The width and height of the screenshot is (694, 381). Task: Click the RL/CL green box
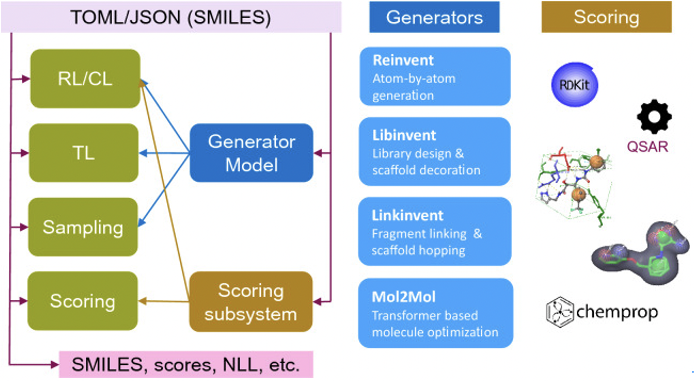(x=85, y=78)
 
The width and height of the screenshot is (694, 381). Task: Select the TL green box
(x=84, y=153)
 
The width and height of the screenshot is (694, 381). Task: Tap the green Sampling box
(x=83, y=227)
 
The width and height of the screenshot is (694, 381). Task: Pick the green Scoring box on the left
(x=83, y=301)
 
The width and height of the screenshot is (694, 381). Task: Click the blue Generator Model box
(x=252, y=153)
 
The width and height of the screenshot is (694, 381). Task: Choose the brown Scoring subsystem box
(x=251, y=302)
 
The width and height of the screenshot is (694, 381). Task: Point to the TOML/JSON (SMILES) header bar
(x=171, y=17)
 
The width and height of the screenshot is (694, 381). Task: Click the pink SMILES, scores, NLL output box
(x=186, y=364)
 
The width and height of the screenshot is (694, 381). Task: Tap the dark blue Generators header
(x=435, y=17)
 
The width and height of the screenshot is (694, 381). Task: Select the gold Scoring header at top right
(x=606, y=17)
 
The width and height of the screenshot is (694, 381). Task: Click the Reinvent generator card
(x=435, y=77)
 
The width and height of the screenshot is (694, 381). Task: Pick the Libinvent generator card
(x=435, y=151)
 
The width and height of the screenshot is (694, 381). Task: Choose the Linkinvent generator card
(x=435, y=231)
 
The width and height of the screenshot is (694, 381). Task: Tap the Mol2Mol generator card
(x=436, y=313)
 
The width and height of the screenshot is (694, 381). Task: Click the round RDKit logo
(x=574, y=85)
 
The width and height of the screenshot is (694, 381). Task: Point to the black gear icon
(x=654, y=117)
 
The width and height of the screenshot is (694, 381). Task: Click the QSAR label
(x=647, y=147)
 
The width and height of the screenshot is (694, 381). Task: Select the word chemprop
(x=617, y=312)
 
